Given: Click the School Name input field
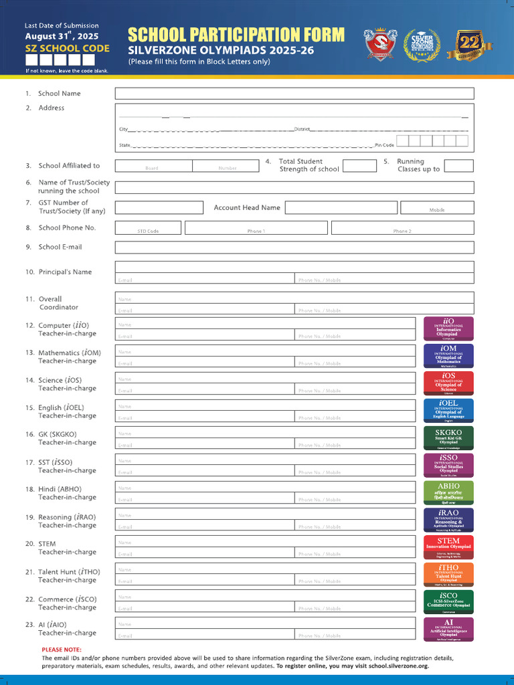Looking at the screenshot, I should (294, 94).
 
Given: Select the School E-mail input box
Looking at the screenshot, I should (294, 247).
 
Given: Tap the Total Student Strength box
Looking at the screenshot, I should (359, 166).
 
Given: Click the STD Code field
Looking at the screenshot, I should (148, 228).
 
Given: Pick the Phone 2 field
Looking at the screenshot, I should (402, 228).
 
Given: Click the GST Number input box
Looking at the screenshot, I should (159, 207).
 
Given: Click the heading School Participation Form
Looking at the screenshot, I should (236, 35).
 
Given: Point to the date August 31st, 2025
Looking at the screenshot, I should (62, 36).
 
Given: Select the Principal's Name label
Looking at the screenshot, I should (65, 272).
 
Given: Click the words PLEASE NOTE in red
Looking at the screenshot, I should (62, 650).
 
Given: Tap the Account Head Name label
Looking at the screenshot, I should (247, 207).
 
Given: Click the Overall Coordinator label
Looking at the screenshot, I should (58, 303).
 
